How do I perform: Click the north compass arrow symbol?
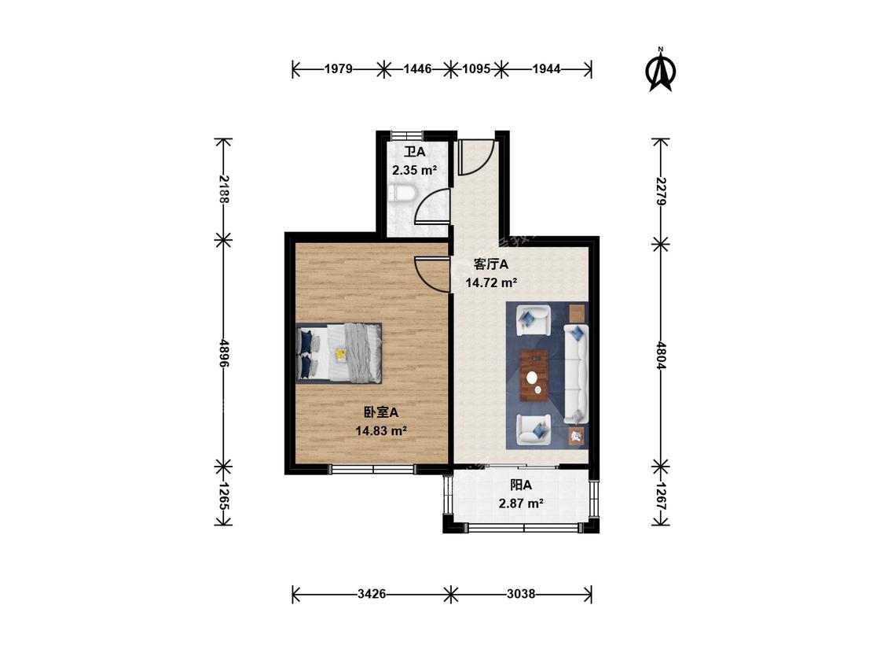click(x=660, y=70)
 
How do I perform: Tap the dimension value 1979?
click(x=338, y=69)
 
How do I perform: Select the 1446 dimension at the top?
click(x=417, y=69)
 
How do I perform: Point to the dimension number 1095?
click(x=476, y=69)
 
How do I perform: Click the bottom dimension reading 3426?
click(x=372, y=593)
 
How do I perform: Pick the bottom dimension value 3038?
click(x=521, y=593)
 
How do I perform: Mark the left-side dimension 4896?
click(x=224, y=353)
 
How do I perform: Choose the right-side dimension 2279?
click(x=661, y=191)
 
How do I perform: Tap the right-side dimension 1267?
click(x=661, y=496)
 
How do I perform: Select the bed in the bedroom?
click(x=339, y=353)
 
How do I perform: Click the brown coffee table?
click(x=534, y=375)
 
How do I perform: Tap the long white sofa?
click(x=576, y=374)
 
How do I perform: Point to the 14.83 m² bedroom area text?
click(x=381, y=431)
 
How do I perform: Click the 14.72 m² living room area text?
click(x=491, y=283)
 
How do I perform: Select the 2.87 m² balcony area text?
click(x=521, y=503)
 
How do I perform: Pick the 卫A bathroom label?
click(x=415, y=152)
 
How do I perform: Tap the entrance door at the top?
click(x=476, y=157)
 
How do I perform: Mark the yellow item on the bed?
click(x=341, y=355)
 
